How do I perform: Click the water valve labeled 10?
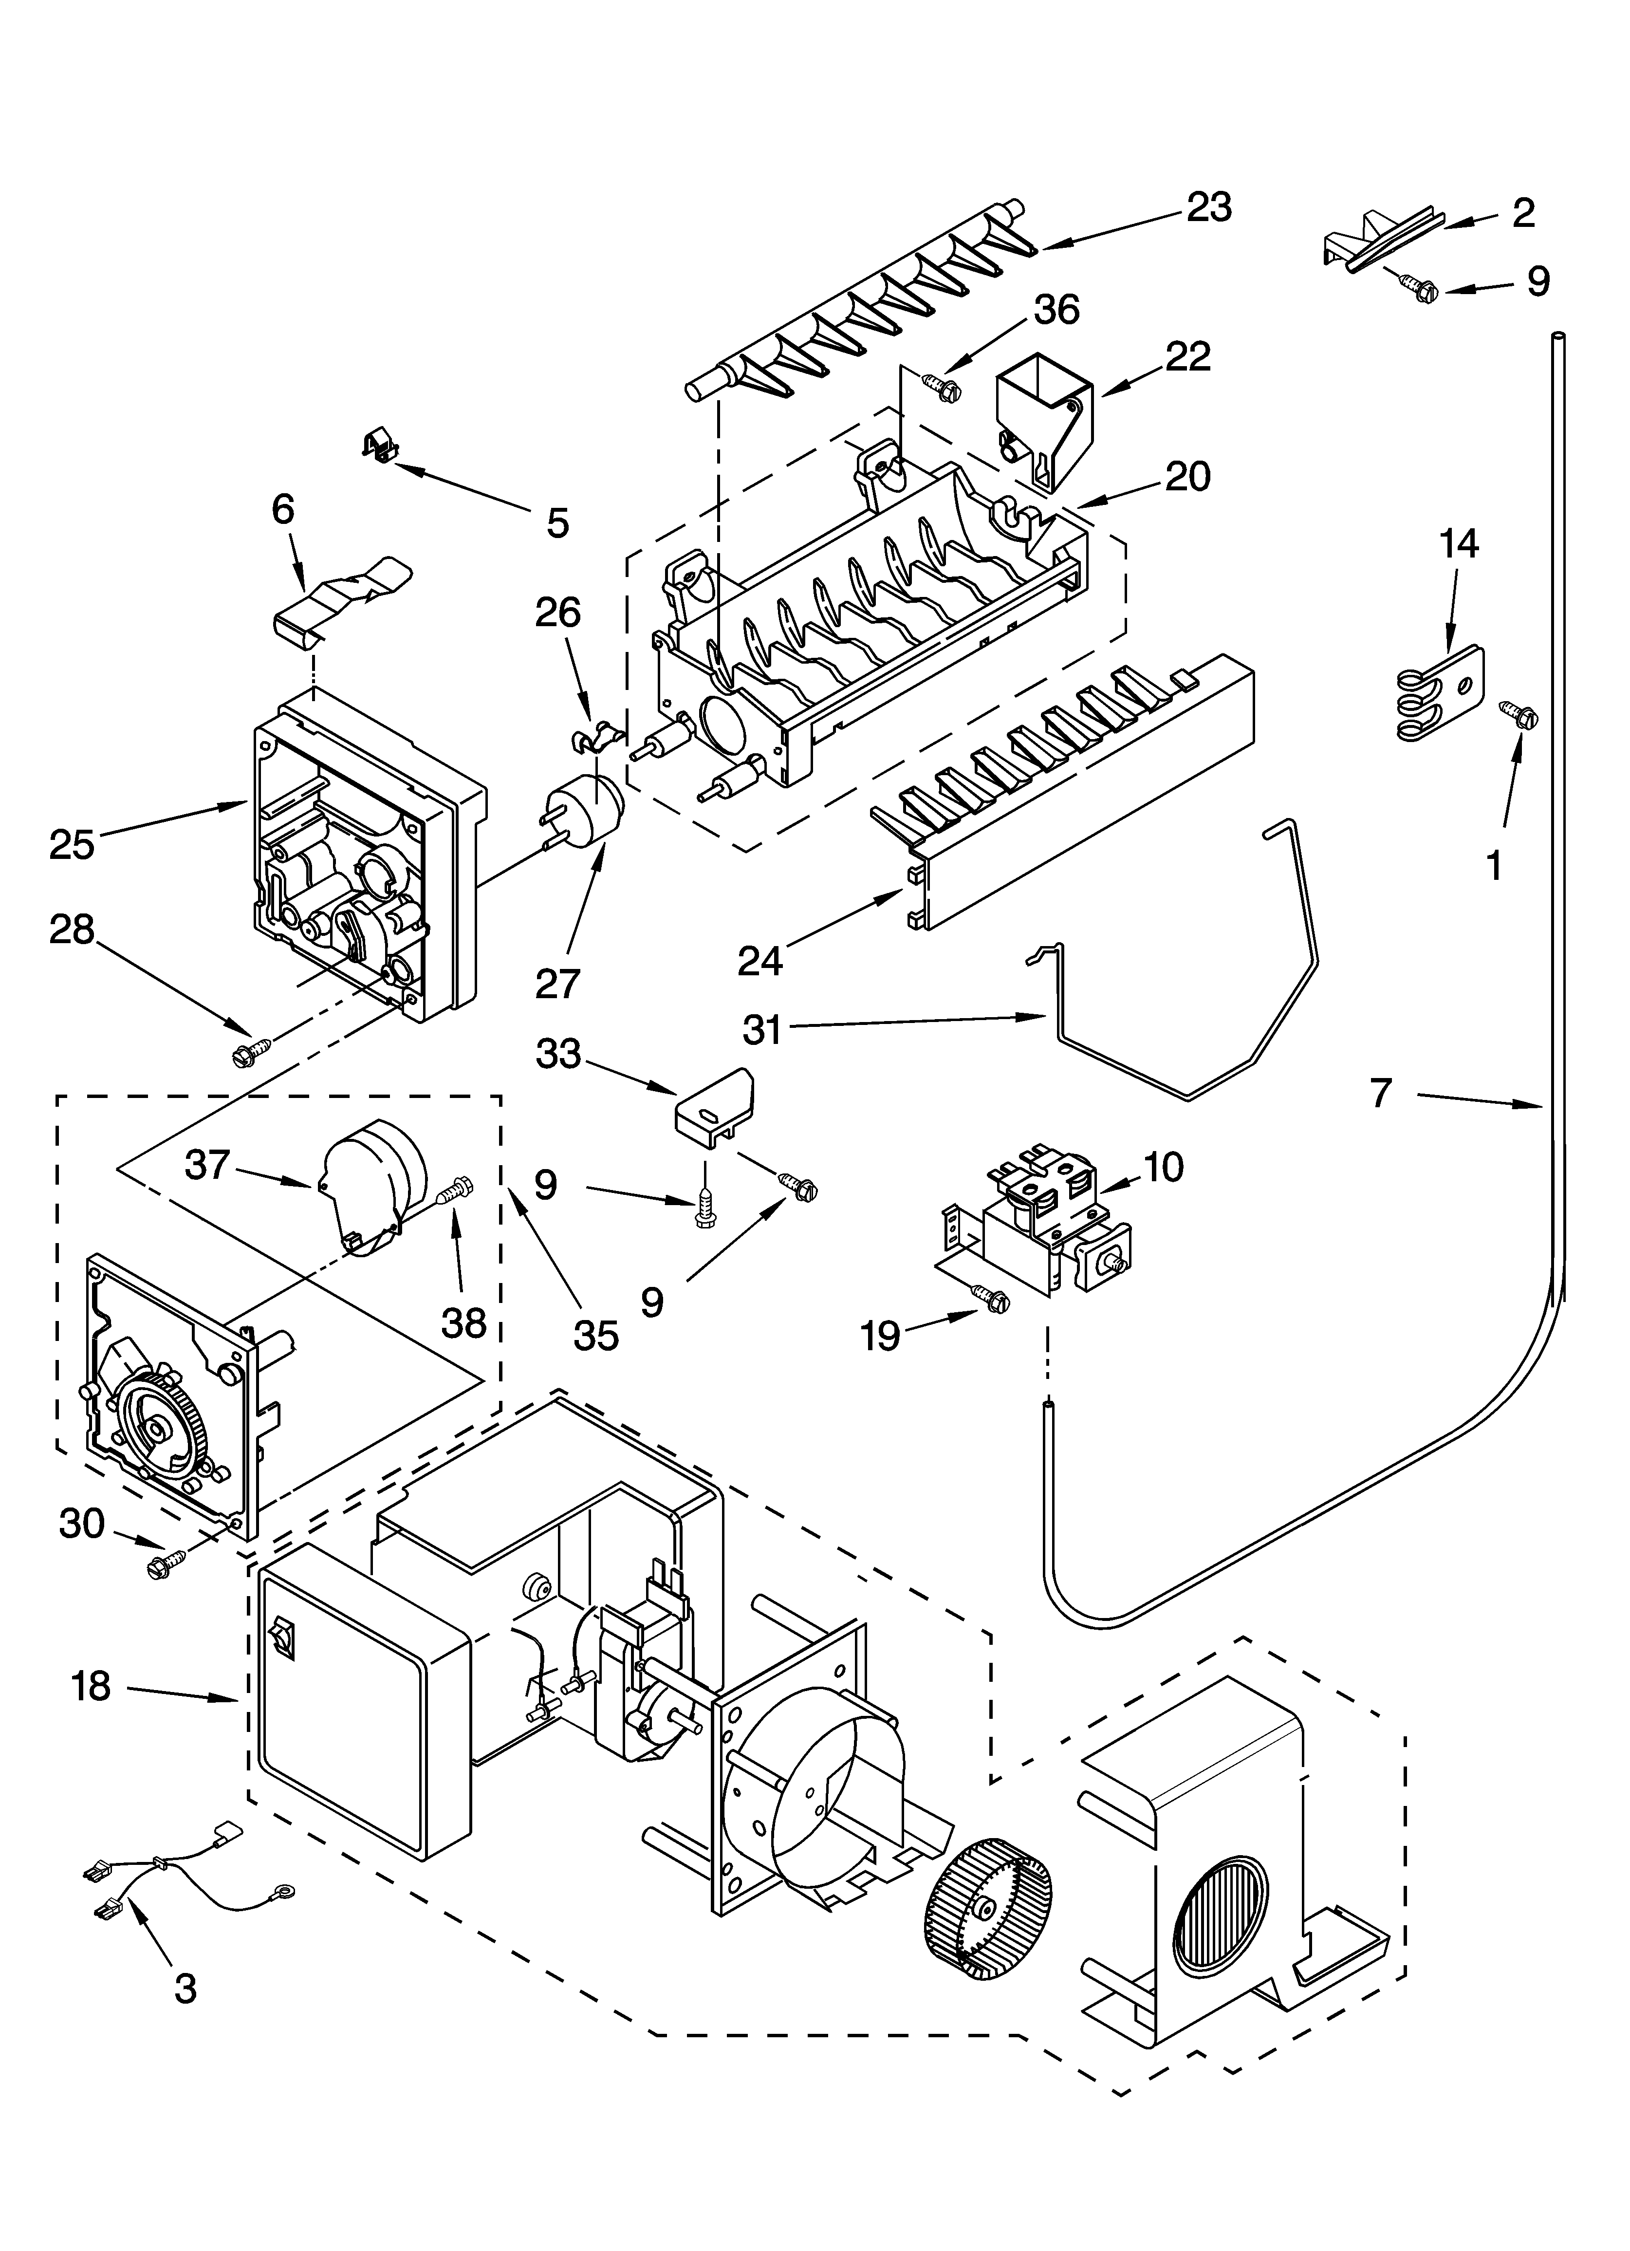[1037, 1231]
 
